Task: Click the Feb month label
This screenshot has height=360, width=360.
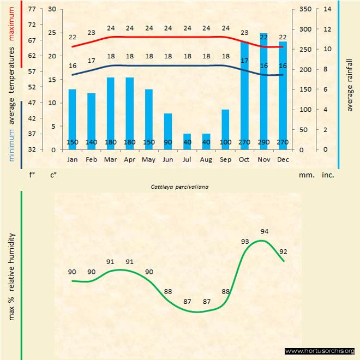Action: tap(91, 160)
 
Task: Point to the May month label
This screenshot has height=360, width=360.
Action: tap(148, 160)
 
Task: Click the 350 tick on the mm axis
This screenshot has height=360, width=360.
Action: tap(305, 9)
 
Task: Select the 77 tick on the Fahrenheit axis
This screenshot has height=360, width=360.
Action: tap(32, 9)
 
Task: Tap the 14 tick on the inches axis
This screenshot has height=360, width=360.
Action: tap(327, 9)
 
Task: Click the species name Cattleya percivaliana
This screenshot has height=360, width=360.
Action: tap(181, 187)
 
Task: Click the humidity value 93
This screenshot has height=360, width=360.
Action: tap(245, 241)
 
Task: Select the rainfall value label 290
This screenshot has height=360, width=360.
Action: tap(263, 143)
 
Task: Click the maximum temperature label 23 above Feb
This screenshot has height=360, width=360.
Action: tap(91, 33)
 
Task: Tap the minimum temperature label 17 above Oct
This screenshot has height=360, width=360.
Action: tap(244, 61)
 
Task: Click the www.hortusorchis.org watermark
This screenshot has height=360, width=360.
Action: tap(320, 351)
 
